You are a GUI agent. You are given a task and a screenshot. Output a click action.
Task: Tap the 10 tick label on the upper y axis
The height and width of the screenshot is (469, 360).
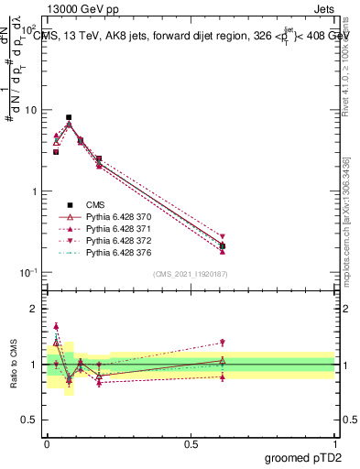tap(30, 111)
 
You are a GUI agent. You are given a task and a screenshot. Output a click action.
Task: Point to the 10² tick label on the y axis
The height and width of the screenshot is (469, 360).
tap(28, 29)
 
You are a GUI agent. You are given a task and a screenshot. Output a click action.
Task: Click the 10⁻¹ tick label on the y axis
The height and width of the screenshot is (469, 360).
tap(28, 273)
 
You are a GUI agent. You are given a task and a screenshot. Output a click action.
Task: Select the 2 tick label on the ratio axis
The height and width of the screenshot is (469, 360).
tap(34, 309)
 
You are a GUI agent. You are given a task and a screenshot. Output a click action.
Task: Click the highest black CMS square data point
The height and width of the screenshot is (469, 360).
tap(69, 117)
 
